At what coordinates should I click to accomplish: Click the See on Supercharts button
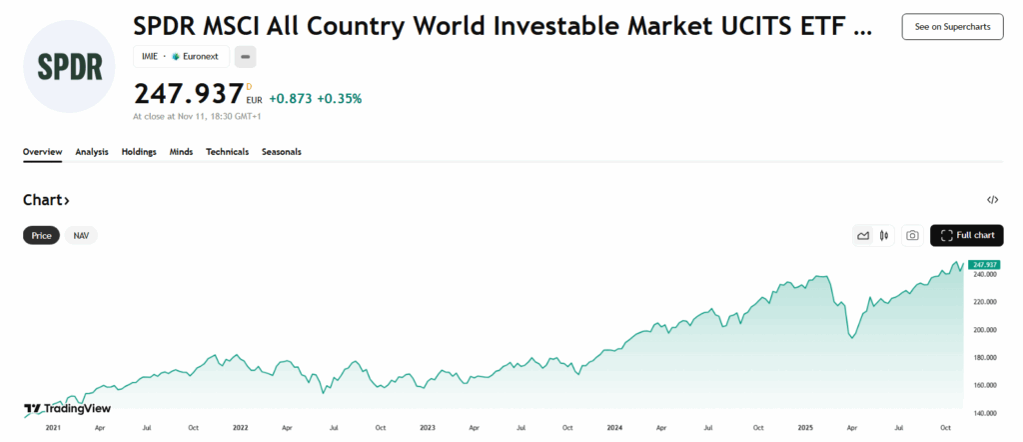coord(952,27)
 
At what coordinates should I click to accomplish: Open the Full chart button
coord(967,235)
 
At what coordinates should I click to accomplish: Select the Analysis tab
coord(92,152)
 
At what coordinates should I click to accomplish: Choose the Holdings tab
coord(139,152)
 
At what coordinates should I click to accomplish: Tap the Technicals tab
coord(227,152)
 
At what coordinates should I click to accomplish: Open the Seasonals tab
coord(282,152)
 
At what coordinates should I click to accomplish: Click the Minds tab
coord(181,152)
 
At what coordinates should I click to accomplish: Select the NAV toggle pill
coord(81,236)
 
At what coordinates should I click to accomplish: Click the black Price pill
coord(41,236)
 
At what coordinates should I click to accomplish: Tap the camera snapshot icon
coord(912,236)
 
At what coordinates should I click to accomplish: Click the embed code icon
coord(992,200)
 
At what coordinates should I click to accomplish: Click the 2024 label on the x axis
coord(614,427)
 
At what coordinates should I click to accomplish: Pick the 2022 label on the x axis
coord(240,427)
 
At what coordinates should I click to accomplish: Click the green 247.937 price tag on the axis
coord(984,264)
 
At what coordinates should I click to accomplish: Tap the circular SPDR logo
coord(70,64)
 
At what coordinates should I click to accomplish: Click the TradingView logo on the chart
coord(67,408)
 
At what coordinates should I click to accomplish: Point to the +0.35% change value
coord(340,98)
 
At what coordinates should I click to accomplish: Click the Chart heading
coord(46,200)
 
